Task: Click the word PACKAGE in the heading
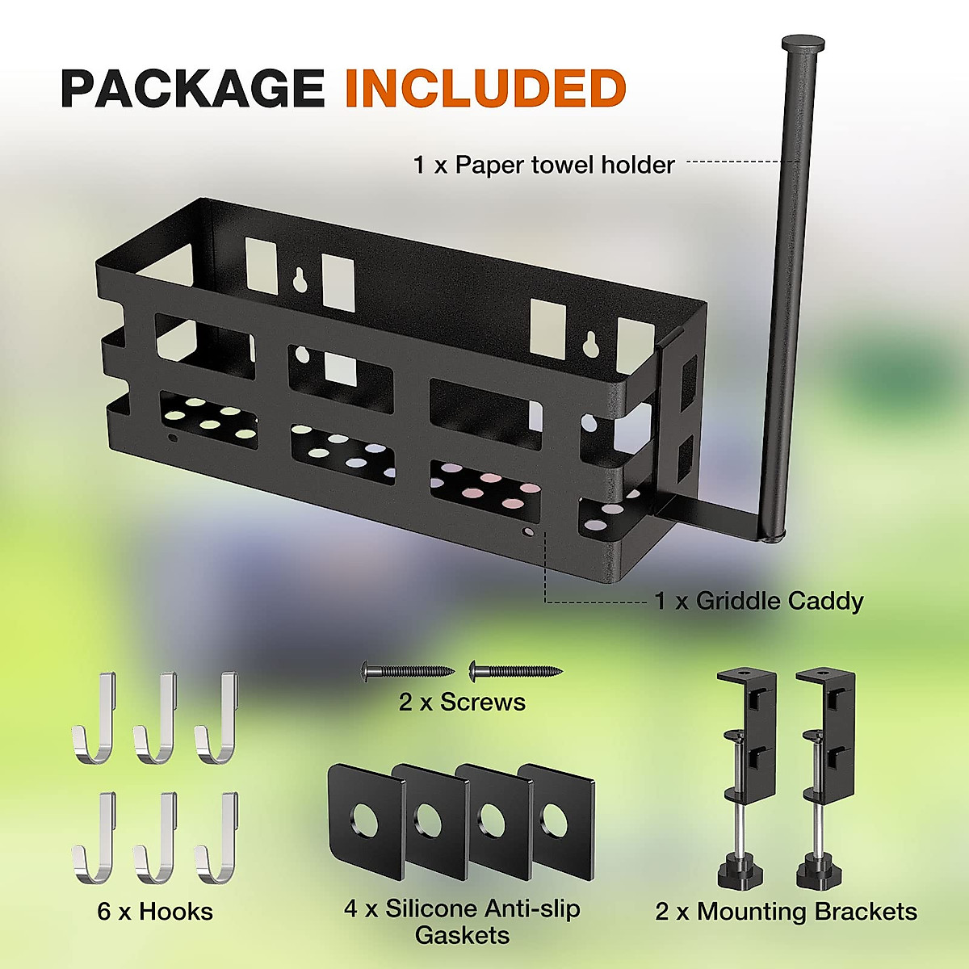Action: click(x=192, y=88)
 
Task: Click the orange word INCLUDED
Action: click(x=485, y=88)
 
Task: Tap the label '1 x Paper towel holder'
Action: click(x=543, y=166)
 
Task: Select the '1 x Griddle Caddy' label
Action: click(x=758, y=601)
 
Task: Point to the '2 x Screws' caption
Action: click(x=461, y=703)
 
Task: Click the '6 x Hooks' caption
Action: click(x=155, y=912)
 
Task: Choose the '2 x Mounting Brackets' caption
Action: click(x=786, y=912)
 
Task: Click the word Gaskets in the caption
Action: click(x=462, y=936)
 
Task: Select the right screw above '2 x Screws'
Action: click(x=514, y=669)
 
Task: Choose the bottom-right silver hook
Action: click(x=216, y=840)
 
